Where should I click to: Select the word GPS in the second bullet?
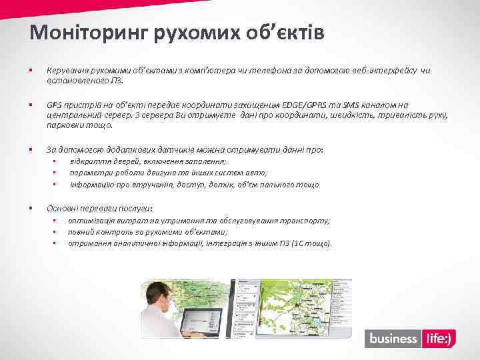coord(54,105)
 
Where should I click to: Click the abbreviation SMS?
coord(351,105)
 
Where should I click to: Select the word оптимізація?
coord(93,221)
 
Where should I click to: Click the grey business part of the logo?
coord(393,339)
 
